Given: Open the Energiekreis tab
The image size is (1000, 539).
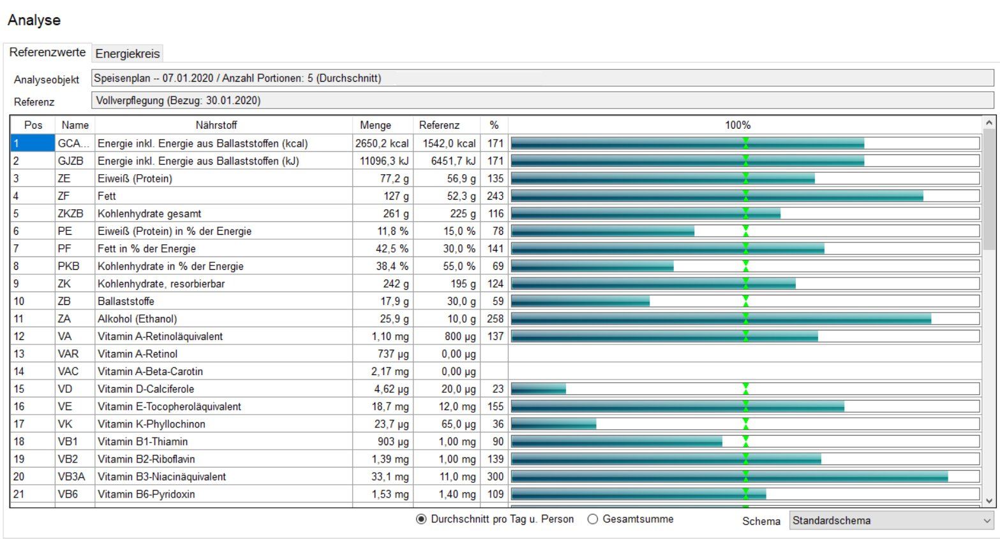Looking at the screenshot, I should [x=128, y=54].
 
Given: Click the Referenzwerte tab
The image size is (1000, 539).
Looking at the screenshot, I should [x=47, y=52].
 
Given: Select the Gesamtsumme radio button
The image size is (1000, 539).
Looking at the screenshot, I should [x=593, y=519].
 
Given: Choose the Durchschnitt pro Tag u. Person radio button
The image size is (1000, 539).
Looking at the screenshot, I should [x=421, y=519].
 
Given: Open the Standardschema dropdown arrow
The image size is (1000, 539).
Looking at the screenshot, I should [x=987, y=521].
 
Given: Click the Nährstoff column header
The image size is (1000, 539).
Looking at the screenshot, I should [x=216, y=125].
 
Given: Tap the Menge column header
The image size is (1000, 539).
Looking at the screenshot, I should [x=375, y=125].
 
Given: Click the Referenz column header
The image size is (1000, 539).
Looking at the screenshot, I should [x=439, y=125].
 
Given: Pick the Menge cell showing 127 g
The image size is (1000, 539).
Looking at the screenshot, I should [x=396, y=196].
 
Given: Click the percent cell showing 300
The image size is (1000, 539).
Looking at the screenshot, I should [x=495, y=476].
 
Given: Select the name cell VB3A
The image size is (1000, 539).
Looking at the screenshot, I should [x=71, y=476].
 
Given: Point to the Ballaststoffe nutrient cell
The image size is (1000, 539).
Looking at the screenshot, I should [x=126, y=301].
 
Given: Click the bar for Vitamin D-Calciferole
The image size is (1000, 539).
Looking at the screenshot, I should [x=539, y=389].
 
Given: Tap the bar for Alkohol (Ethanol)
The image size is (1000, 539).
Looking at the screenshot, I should [x=720, y=319].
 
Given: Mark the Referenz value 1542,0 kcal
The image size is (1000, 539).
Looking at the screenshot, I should [x=449, y=144].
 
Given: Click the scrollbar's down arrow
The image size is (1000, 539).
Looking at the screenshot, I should [x=989, y=501].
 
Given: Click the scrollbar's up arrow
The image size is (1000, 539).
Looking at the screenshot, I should [x=989, y=122].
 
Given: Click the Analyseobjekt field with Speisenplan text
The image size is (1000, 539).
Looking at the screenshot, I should [x=542, y=78].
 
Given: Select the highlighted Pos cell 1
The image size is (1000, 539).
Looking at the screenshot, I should [x=33, y=144].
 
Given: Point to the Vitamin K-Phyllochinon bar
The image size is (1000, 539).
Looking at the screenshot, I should [x=553, y=424].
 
